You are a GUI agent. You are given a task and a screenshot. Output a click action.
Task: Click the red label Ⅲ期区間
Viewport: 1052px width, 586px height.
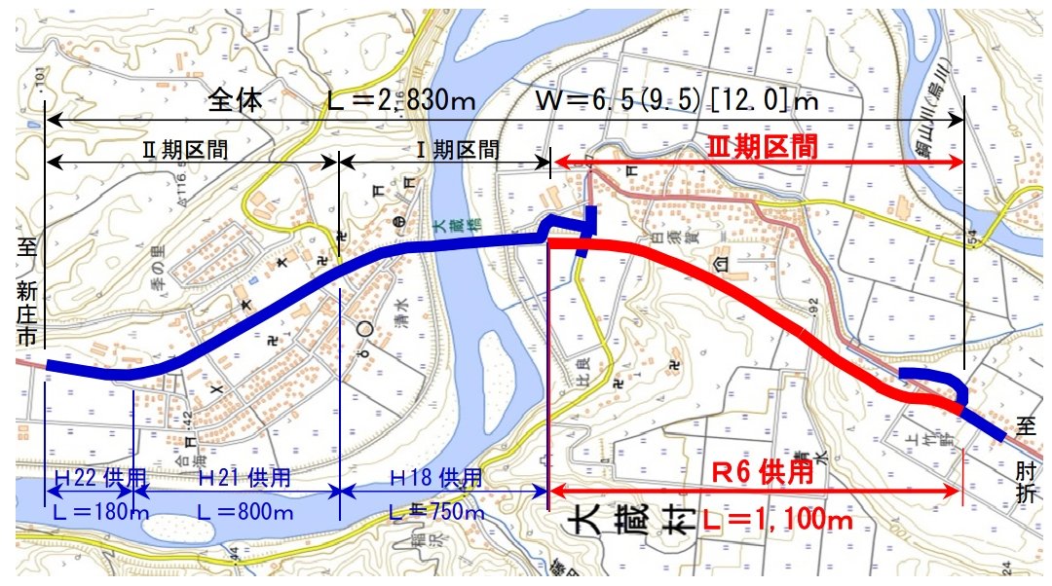[x=761, y=147]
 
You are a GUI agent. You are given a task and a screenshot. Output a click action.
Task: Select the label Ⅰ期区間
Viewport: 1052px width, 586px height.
[x=458, y=150]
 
